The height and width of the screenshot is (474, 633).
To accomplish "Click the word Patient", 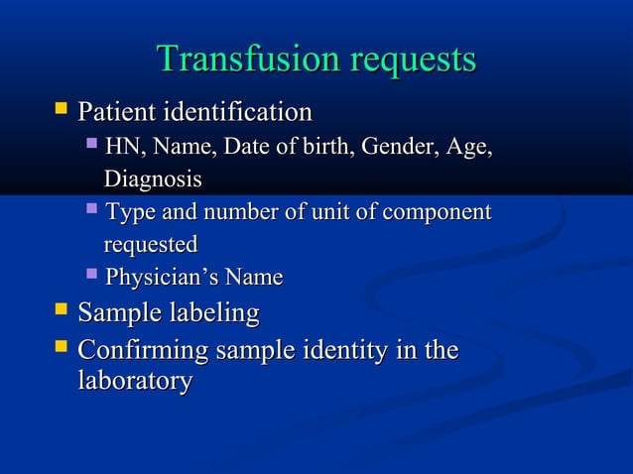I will click(x=117, y=112).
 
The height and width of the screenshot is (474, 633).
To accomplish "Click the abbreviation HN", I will click(x=122, y=148).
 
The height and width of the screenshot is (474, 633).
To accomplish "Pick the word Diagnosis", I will click(x=153, y=179).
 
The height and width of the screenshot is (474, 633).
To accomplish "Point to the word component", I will click(x=441, y=212).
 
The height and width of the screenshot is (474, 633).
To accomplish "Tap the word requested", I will click(x=151, y=244).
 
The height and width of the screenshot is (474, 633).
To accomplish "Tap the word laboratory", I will click(x=135, y=381).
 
